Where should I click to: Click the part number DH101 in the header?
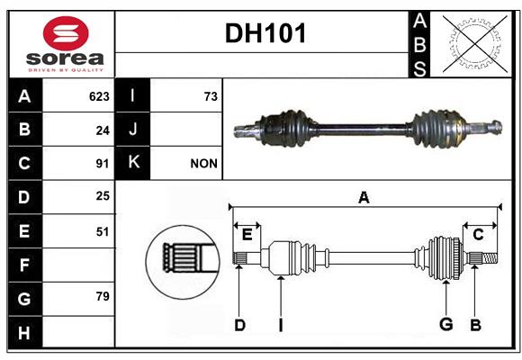click(x=265, y=33)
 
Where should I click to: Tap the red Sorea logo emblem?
click(x=66, y=33)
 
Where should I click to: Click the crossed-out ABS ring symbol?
click(x=474, y=43)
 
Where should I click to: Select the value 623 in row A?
click(x=99, y=96)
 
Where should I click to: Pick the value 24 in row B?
click(x=103, y=130)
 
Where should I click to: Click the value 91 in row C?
click(x=103, y=164)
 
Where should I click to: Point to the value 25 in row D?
click(x=103, y=196)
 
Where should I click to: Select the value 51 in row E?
click(x=103, y=232)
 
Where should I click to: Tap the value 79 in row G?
click(x=103, y=296)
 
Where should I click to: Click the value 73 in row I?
click(x=211, y=96)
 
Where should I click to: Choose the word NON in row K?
click(x=203, y=164)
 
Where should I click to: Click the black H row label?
click(x=25, y=332)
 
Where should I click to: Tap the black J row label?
click(x=132, y=130)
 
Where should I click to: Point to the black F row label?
click(x=25, y=265)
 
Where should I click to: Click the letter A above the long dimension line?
click(x=364, y=197)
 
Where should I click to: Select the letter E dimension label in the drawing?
click(x=247, y=235)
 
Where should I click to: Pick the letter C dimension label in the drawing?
click(x=478, y=235)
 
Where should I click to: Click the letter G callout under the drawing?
click(x=446, y=324)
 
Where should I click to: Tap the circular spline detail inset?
click(x=183, y=262)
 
